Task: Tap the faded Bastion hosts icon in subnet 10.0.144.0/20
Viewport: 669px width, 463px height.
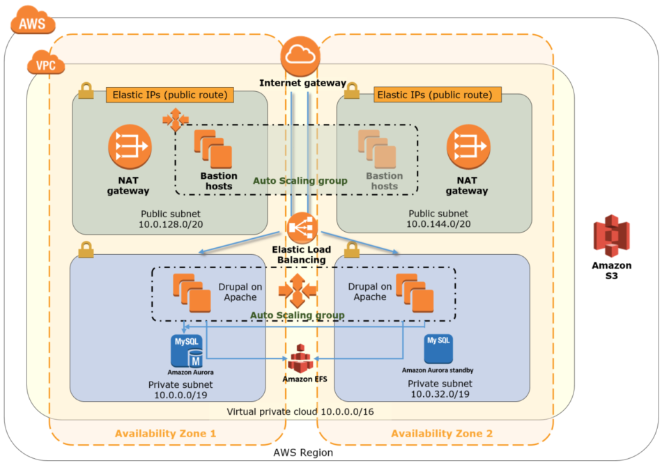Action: (x=376, y=148)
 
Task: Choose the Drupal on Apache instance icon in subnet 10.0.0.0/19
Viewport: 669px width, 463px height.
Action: (x=192, y=293)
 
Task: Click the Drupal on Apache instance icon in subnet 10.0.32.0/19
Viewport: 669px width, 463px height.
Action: (x=415, y=293)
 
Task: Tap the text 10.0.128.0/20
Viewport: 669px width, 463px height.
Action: (x=169, y=224)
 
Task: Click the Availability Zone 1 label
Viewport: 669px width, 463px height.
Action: (x=165, y=433)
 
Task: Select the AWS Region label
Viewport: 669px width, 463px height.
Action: (x=304, y=453)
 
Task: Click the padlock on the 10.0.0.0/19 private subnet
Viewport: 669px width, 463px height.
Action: (x=86, y=249)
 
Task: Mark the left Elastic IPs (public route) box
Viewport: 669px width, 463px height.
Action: (x=169, y=95)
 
